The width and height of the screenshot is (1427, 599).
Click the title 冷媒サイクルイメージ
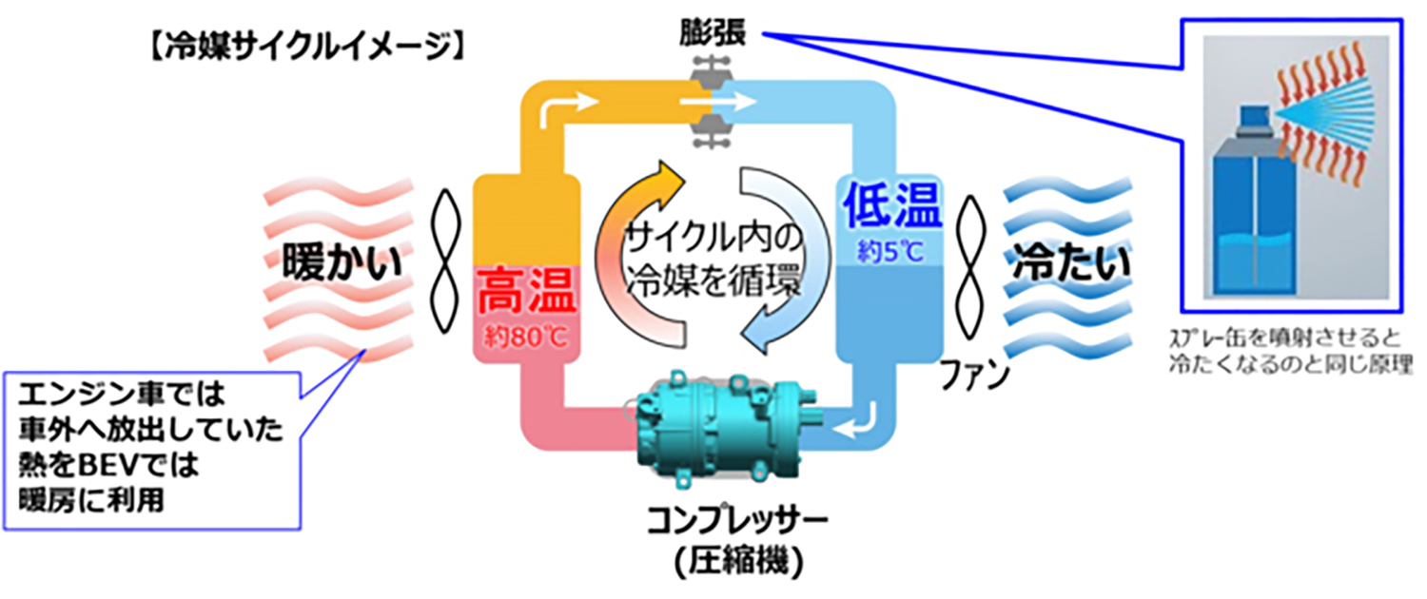pyautogui.click(x=305, y=47)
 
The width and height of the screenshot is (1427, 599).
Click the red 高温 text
pyautogui.click(x=526, y=292)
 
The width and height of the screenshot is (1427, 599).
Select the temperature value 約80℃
pyautogui.click(x=525, y=337)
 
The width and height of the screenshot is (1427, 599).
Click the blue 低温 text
pyautogui.click(x=892, y=205)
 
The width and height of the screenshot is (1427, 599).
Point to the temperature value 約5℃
pyautogui.click(x=890, y=252)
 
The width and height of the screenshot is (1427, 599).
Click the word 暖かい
pyautogui.click(x=342, y=261)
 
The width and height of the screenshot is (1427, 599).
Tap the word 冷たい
pyautogui.click(x=1071, y=261)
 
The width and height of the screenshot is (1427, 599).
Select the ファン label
pyautogui.click(x=975, y=375)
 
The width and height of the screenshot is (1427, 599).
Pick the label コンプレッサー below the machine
pyautogui.click(x=737, y=520)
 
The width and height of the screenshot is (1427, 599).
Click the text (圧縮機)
pyautogui.click(x=739, y=561)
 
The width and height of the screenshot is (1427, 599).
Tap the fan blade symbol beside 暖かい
pyautogui.click(x=445, y=261)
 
